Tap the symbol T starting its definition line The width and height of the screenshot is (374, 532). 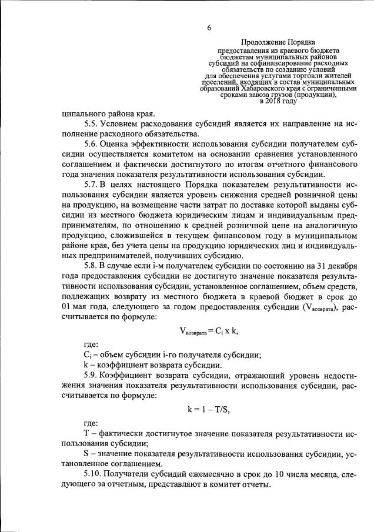pyautogui.click(x=87, y=434)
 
